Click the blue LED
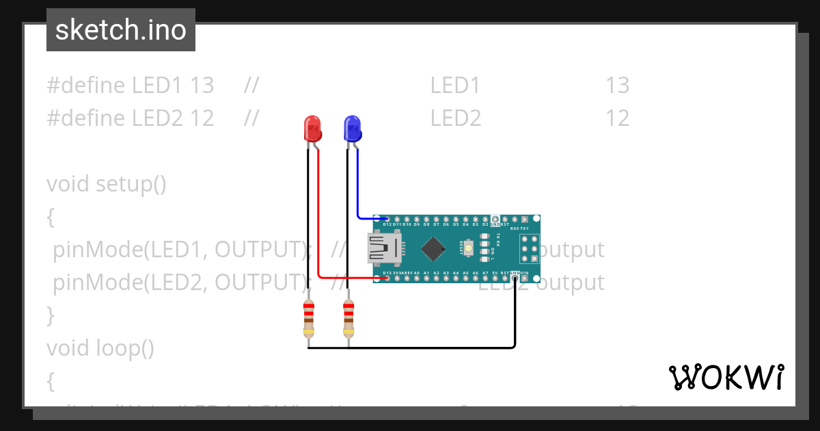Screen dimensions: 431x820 click(x=352, y=129)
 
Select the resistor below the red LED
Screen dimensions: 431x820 click(x=308, y=318)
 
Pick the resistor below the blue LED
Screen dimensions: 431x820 click(x=348, y=318)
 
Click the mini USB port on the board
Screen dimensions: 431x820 click(x=384, y=248)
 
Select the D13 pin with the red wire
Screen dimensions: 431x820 click(x=387, y=278)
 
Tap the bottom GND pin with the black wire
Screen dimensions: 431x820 click(x=515, y=278)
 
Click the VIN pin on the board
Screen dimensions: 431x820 click(x=525, y=278)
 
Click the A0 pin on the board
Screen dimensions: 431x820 click(x=416, y=278)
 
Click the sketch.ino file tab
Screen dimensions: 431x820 click(x=121, y=30)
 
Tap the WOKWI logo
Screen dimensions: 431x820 click(x=726, y=377)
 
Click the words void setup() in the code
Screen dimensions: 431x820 click(x=107, y=184)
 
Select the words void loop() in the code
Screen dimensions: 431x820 click(x=100, y=348)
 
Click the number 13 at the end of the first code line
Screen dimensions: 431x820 click(x=617, y=86)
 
